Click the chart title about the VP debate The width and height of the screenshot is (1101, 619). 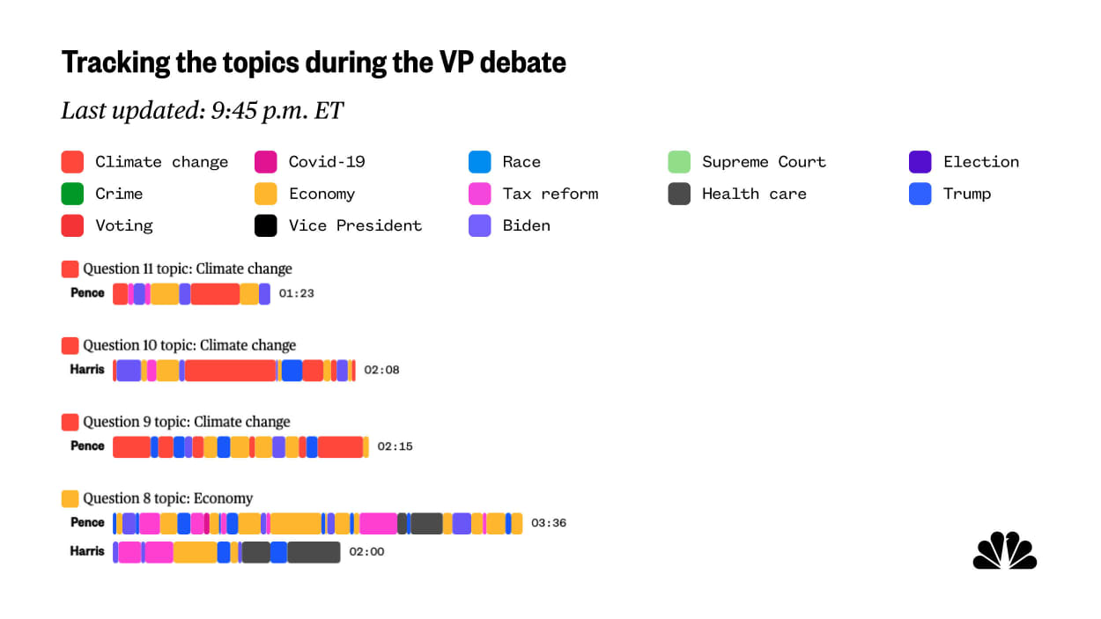pos(314,63)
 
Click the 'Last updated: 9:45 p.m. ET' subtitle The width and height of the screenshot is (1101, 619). pos(202,110)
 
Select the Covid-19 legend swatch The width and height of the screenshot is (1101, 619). pos(265,162)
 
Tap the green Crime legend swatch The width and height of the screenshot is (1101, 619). pos(72,194)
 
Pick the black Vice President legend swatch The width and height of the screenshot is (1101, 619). pos(265,225)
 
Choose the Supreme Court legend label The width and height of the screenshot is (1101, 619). pos(764,162)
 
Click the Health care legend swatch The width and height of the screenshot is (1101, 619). pos(679,194)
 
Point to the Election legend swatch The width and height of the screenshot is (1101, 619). pos(920,162)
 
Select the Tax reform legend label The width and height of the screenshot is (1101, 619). pos(550,194)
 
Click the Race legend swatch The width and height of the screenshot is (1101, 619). pos(480,162)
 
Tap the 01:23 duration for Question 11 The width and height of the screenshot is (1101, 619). pos(296,294)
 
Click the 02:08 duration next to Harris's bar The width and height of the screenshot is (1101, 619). pos(381,371)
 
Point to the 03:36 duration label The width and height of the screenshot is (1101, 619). pos(548,523)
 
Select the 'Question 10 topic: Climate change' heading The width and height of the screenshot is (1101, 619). pos(189,345)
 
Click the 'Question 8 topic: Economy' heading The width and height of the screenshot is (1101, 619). pos(167,498)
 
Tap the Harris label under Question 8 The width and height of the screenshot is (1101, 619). pos(87,552)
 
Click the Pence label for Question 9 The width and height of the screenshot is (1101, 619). pos(87,446)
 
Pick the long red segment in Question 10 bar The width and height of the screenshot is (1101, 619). pos(231,371)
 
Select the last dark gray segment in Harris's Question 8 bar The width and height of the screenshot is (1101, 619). pos(314,553)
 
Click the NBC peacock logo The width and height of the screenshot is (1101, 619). pos(1005,551)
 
